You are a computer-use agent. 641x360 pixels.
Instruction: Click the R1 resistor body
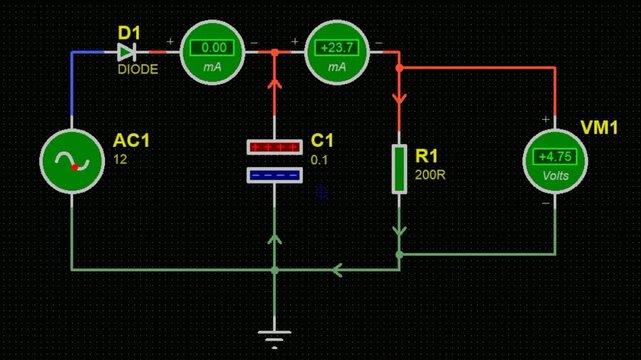tap(399, 168)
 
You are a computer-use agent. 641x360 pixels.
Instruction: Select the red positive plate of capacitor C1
tap(275, 147)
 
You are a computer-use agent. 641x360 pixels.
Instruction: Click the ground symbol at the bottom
tap(274, 338)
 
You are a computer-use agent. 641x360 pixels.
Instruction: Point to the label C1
tap(323, 141)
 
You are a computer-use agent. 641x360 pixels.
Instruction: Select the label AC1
tap(133, 141)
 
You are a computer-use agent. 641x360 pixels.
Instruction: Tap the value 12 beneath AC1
tap(121, 159)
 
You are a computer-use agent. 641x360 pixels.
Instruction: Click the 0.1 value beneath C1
tap(319, 159)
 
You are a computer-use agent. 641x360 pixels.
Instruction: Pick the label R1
tap(427, 157)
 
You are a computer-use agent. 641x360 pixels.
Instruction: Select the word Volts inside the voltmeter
tap(553, 171)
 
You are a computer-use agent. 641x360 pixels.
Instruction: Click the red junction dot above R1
tap(399, 68)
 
